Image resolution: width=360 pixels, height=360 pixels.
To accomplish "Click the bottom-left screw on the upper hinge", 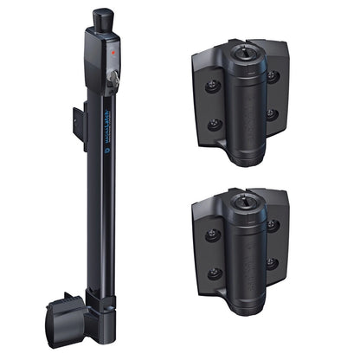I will pos(212,124).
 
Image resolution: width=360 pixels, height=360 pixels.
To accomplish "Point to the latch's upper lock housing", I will pos(102,61).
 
